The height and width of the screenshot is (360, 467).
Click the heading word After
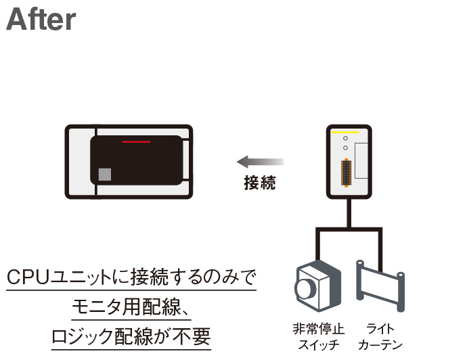[x=41, y=20]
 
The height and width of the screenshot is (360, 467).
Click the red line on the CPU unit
[x=136, y=143]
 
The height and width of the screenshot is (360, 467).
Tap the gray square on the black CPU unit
[x=104, y=174]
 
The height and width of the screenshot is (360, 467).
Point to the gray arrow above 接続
[x=260, y=162]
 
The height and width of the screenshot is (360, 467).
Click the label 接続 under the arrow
[x=260, y=182]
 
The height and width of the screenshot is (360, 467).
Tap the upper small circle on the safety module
[x=345, y=139]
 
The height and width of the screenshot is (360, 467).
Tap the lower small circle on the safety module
[x=345, y=148]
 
